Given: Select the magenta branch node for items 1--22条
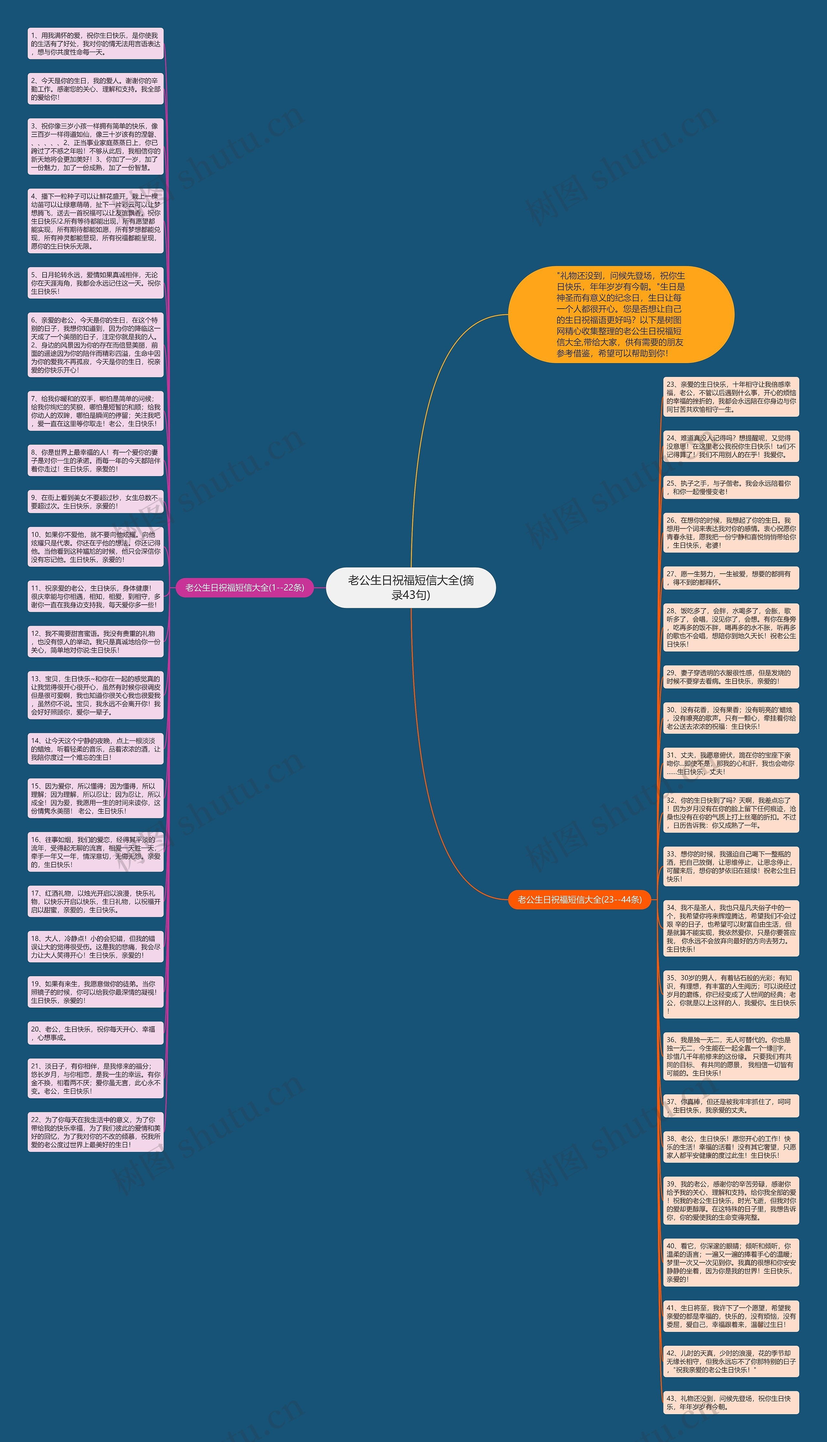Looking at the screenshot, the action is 245,587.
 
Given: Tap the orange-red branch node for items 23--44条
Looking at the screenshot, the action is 579,899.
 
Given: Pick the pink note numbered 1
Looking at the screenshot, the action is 95,44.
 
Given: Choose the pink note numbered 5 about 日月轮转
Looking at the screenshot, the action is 95,283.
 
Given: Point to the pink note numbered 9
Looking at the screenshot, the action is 95,501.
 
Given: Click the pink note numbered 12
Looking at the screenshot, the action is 95,642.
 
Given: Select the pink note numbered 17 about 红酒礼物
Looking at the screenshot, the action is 95,901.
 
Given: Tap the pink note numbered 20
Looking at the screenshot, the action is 95,1033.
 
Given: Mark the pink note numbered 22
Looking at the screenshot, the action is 95,1132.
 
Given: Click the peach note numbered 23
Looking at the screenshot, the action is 731,396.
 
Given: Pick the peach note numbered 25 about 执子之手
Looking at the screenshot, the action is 731,487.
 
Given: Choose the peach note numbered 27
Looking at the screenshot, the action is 731,578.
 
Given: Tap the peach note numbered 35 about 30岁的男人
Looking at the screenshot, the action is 731,994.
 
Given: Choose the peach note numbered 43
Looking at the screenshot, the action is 731,1402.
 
